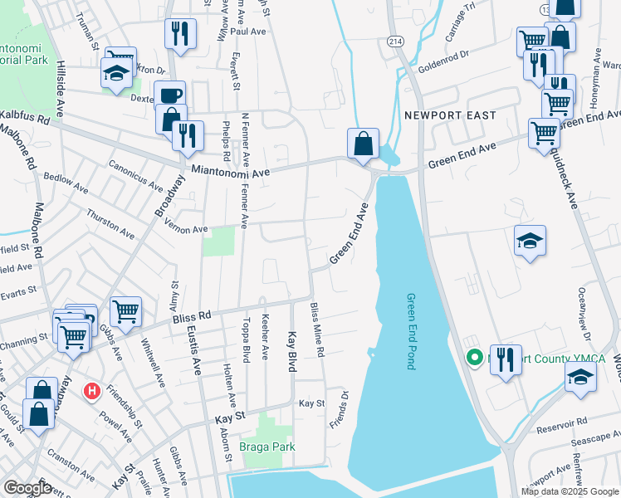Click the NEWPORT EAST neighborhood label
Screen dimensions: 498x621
pos(449,115)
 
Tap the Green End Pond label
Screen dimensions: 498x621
pos(410,330)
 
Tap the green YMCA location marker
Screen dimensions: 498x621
pos(475,359)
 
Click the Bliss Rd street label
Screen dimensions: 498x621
pos(193,316)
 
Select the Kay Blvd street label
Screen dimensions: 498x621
pos(292,352)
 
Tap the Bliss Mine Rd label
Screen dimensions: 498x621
pos(317,330)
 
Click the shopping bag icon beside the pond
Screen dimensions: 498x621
pos(363,143)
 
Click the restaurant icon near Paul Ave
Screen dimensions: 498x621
pos(180,33)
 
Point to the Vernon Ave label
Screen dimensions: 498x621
pos(187,229)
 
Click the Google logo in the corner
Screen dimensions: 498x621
pos(28,488)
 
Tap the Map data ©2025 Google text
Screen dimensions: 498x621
pos(569,491)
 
